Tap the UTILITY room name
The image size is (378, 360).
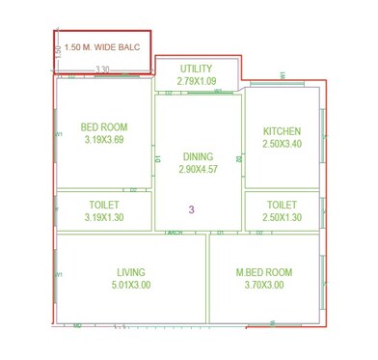tap(197, 69)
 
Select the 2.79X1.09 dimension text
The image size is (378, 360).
tap(197, 81)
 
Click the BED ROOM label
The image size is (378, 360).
tap(104, 127)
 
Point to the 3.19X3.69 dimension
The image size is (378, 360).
tap(104, 140)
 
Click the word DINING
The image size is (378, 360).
tap(198, 156)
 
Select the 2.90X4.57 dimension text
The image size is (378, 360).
tap(198, 169)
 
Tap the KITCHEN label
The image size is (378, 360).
tap(282, 131)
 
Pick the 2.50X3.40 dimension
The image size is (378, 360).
tap(282, 144)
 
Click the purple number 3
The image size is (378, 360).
tap(192, 209)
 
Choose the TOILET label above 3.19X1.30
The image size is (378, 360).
tap(103, 205)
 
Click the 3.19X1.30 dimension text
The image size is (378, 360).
tap(103, 217)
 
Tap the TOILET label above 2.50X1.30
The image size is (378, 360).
tap(282, 205)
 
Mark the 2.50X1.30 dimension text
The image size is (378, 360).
tap(282, 217)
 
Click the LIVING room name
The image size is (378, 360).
tap(131, 272)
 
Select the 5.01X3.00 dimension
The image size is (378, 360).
tap(131, 285)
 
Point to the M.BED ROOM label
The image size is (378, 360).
tap(264, 272)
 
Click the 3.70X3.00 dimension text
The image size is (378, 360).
tap(264, 285)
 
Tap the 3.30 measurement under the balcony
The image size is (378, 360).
tap(103, 69)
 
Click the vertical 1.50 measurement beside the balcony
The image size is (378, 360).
tap(58, 51)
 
